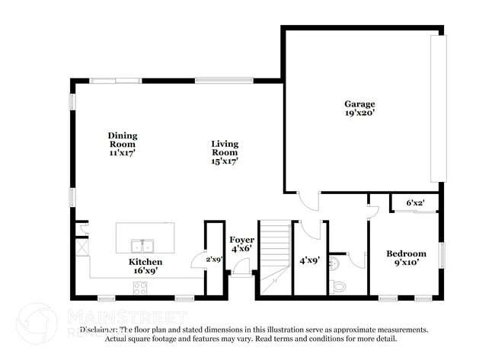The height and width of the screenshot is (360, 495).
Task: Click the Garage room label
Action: click(x=359, y=104)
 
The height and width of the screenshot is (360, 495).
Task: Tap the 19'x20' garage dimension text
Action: click(x=359, y=113)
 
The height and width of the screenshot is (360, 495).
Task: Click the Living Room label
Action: click(x=225, y=148)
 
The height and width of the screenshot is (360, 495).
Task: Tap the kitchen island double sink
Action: click(x=141, y=246)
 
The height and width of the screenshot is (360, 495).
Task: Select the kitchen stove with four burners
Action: click(x=141, y=288)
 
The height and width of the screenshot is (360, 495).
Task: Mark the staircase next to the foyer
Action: click(x=274, y=255)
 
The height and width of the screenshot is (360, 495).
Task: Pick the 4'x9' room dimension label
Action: click(x=309, y=260)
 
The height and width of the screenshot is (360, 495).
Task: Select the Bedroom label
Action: click(x=406, y=254)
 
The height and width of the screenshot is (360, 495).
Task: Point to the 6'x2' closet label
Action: click(x=415, y=203)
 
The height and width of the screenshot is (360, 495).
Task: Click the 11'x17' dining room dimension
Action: click(x=122, y=153)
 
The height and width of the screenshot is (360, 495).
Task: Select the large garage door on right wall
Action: click(x=436, y=107)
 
